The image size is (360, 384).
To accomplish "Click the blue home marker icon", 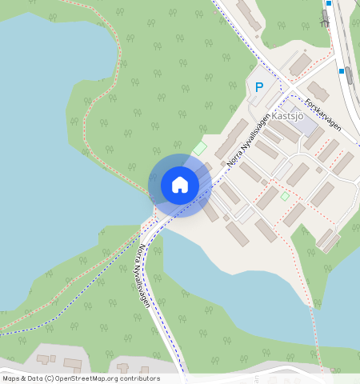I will tap(180, 185).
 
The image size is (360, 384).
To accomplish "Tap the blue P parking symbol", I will tap(258, 87).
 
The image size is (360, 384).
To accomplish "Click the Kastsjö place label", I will tap(289, 115).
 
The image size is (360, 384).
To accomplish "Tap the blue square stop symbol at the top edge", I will tap(328, 3).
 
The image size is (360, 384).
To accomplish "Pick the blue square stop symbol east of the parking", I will tap(342, 71).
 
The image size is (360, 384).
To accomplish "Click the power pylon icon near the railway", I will tap(324, 19).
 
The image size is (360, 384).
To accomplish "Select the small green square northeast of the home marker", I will tap(198, 149).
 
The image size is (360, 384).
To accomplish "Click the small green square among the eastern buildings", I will tap(284, 196).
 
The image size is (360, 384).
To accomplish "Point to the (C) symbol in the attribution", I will tap(50, 378).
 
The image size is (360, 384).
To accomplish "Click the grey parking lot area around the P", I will tap(268, 96).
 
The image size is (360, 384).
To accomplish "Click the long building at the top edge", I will tap(249, 15).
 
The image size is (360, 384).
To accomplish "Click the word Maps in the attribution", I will tap(11, 378).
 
